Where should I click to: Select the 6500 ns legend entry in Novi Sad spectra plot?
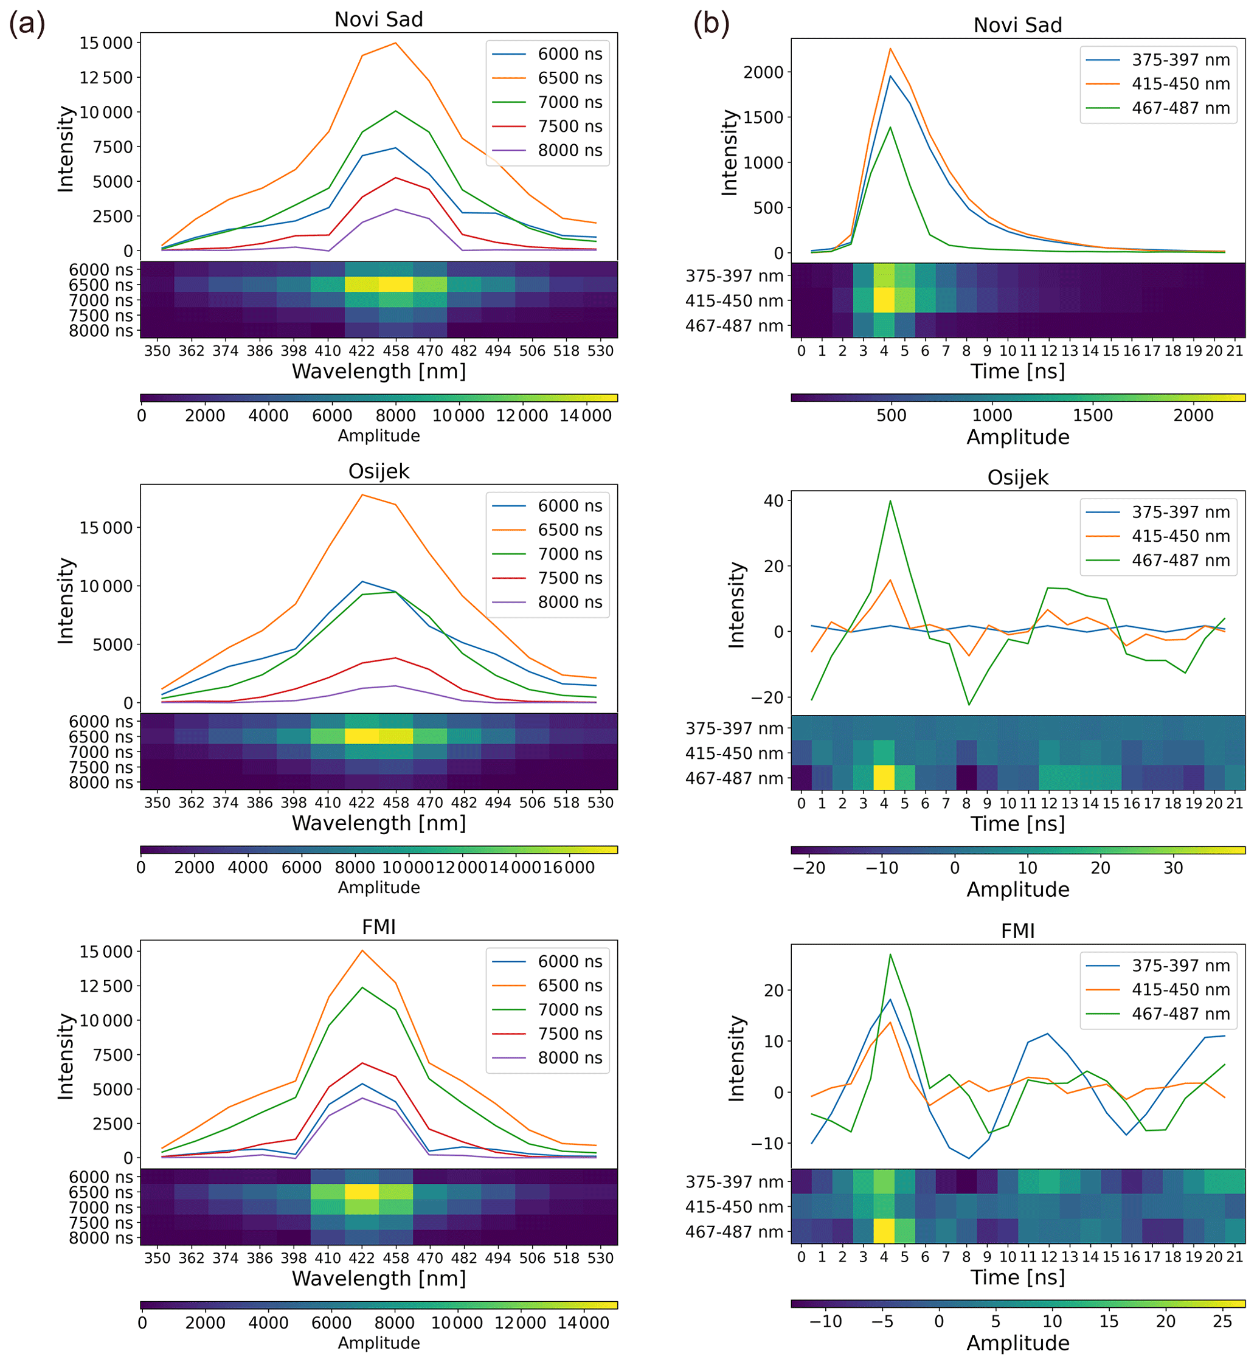point(569,78)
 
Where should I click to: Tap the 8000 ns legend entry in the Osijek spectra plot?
point(569,602)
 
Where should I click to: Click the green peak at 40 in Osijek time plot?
point(890,501)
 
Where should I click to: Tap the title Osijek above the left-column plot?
point(379,471)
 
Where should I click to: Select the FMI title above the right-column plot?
point(1017,930)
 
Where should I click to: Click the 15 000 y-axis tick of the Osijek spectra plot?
point(106,528)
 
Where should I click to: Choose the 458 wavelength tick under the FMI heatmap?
point(396,1258)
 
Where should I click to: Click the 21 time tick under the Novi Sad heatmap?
point(1234,351)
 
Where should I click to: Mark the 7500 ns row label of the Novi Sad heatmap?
point(101,316)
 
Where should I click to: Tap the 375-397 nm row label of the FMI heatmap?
point(734,1182)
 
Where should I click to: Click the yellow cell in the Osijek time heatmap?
point(884,778)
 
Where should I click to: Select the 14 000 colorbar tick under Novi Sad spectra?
point(585,415)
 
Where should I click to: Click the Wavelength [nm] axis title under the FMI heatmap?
point(379,1279)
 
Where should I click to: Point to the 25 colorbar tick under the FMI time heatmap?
point(1222,1321)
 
